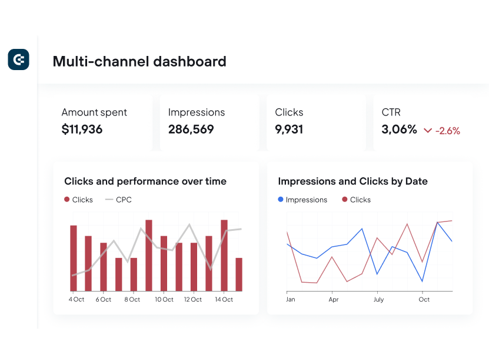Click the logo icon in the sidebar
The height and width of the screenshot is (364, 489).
tap(18, 60)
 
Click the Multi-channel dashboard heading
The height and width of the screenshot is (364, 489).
tap(139, 61)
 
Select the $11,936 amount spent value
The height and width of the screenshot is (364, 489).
tap(82, 130)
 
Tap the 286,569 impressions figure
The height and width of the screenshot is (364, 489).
tap(191, 130)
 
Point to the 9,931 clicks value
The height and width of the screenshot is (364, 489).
tap(289, 130)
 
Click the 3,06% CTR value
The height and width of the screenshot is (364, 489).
tap(399, 130)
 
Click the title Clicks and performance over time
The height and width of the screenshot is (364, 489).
tap(145, 181)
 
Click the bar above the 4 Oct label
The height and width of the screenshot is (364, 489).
tap(74, 258)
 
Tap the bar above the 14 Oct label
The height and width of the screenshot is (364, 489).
tap(224, 255)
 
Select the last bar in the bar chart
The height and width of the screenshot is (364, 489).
tap(239, 274)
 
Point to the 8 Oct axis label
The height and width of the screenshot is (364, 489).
tap(132, 299)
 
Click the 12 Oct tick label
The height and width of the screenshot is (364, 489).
tap(192, 299)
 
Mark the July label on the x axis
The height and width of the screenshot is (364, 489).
tap(378, 299)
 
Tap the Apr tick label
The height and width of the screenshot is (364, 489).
tap(333, 299)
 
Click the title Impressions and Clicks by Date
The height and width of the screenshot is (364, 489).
tap(352, 181)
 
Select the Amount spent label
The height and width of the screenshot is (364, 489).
tap(94, 112)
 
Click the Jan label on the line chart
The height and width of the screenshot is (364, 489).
tap(290, 299)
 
